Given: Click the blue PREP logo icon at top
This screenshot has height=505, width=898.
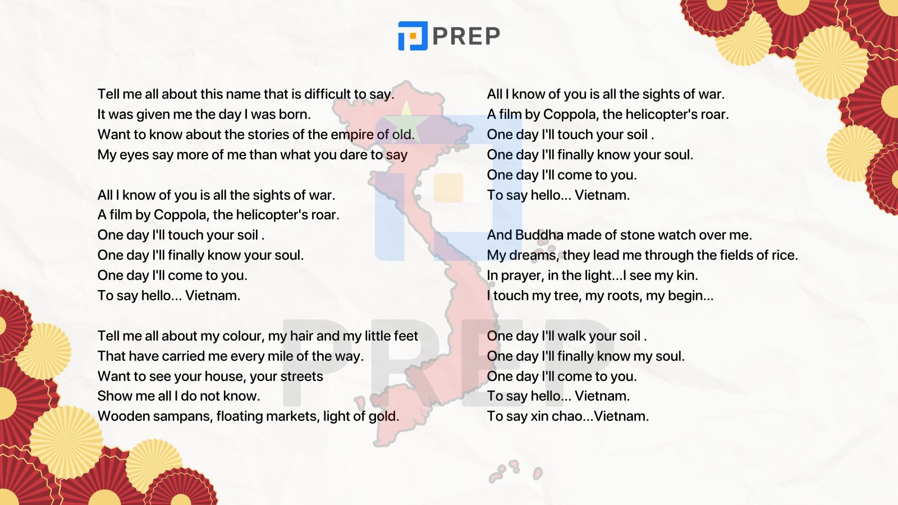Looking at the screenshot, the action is click(413, 36).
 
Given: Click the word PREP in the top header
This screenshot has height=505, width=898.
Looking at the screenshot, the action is click(466, 36).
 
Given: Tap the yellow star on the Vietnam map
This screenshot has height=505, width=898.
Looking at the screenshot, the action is click(406, 114).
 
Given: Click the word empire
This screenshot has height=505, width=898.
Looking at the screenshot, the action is click(352, 135).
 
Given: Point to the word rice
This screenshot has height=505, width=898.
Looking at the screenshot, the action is click(784, 255).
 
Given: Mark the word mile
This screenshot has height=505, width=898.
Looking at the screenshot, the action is click(282, 356).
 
